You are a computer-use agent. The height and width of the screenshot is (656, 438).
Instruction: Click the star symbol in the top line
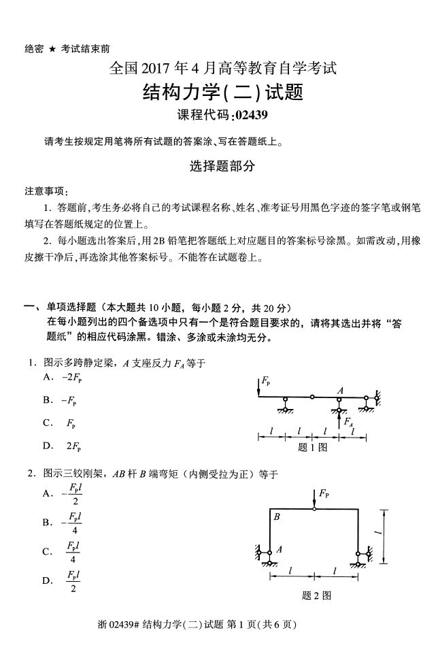point(50,49)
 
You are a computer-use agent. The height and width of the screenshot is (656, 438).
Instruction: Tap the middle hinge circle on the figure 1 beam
point(312,397)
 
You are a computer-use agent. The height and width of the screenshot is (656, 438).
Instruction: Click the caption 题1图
point(313,447)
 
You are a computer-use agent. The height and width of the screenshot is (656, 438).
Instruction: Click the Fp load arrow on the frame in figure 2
point(314,498)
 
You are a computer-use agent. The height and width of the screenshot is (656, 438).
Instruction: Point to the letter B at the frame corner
point(277,517)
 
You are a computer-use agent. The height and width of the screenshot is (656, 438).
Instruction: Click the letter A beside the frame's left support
point(279,549)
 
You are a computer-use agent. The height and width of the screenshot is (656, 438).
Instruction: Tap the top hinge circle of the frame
point(314,508)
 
